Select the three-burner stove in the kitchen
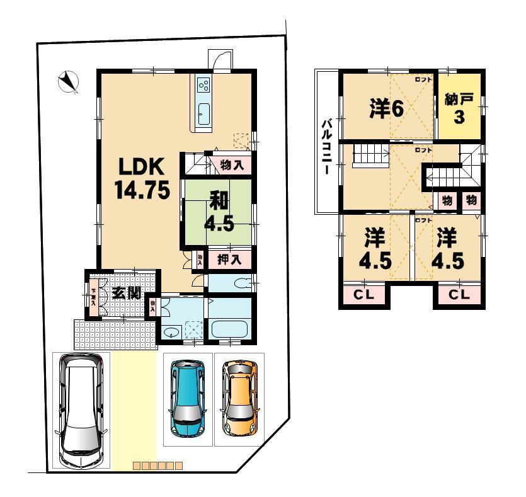203,84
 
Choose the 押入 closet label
228,258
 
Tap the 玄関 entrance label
126,293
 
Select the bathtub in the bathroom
229,328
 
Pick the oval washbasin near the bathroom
170,333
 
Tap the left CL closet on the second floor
365,294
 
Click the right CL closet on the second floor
460,294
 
